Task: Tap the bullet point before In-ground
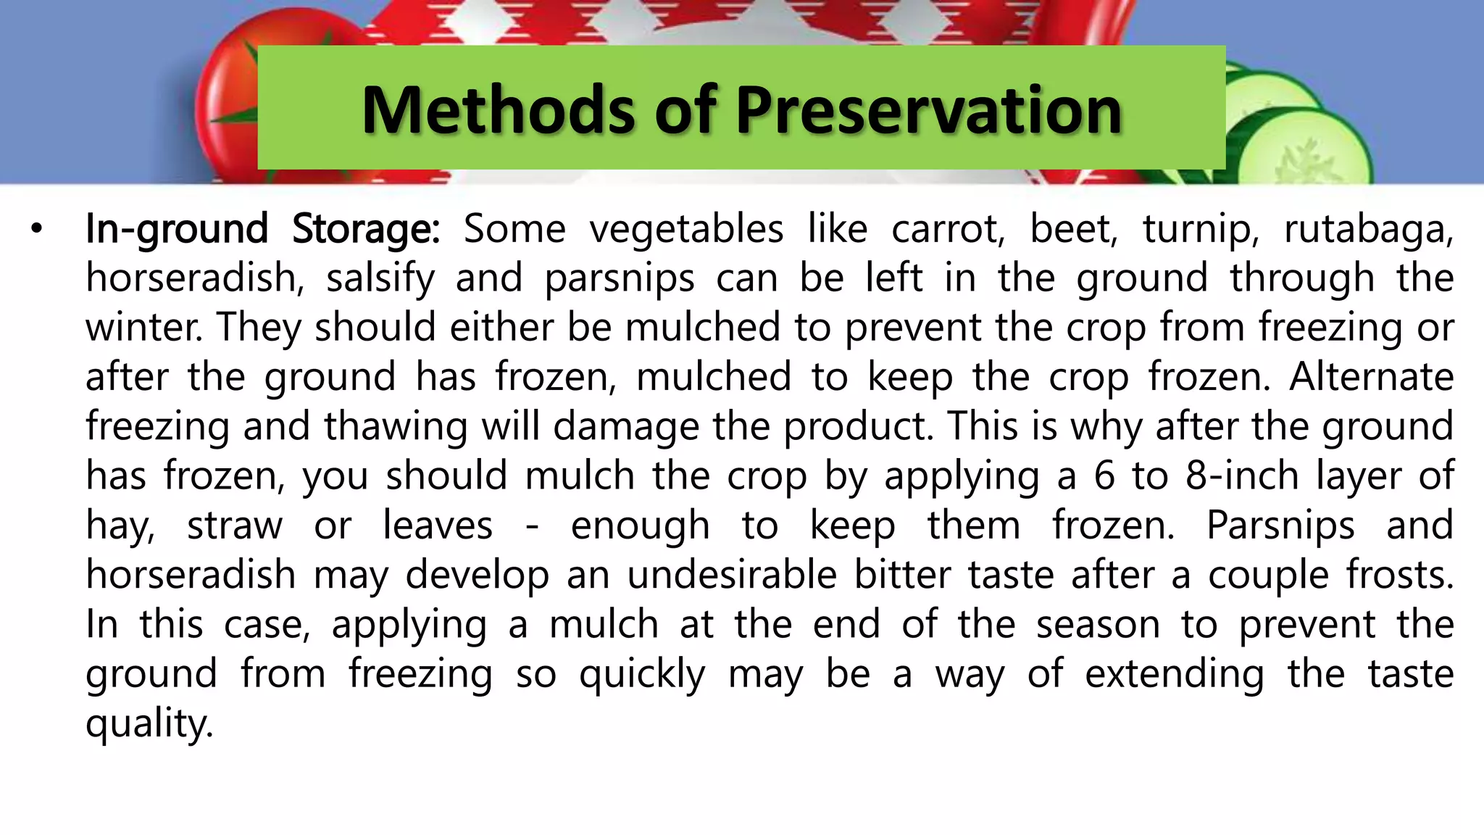37,230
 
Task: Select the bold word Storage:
365,230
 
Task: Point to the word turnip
1201,230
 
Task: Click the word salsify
380,279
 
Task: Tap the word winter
144,328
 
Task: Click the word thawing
396,427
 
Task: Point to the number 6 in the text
1104,476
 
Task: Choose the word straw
235,525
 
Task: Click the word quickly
642,675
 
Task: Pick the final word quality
149,724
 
